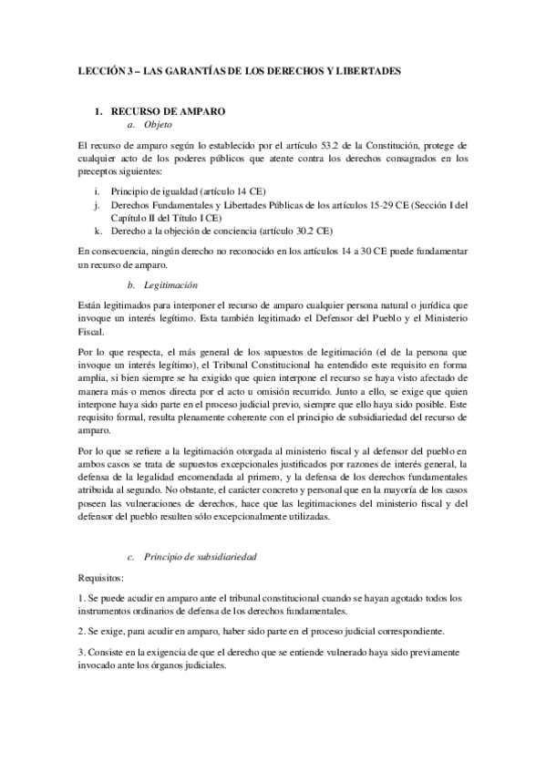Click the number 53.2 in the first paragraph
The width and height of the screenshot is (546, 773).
click(315, 145)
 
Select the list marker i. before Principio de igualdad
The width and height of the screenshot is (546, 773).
click(98, 192)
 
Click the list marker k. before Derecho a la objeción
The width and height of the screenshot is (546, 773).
click(98, 231)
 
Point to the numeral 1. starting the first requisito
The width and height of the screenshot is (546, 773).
click(81, 598)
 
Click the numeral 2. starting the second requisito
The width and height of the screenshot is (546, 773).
click(81, 631)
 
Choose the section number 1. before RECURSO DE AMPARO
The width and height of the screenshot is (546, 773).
click(100, 110)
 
